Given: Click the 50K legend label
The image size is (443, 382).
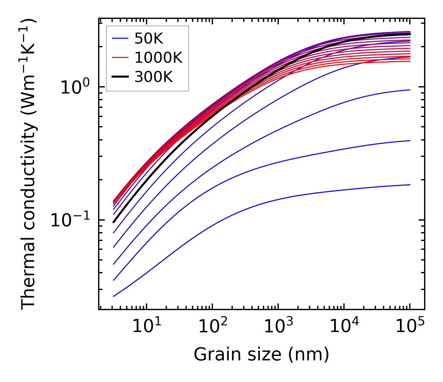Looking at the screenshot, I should (x=149, y=39).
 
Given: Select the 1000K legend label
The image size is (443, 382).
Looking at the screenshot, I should (x=158, y=58).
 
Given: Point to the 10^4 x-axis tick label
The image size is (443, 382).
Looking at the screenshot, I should (x=344, y=327).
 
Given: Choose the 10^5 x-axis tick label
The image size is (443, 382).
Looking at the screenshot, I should (x=409, y=327).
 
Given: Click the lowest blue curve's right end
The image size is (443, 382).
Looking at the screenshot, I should (x=410, y=185).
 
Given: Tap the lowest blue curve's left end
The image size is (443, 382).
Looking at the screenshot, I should (x=114, y=296).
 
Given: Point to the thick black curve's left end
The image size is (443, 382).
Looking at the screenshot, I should (x=113, y=222).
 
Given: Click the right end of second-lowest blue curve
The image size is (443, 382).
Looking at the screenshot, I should (x=410, y=141).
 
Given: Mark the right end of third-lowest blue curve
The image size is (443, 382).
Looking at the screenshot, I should (x=410, y=90).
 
